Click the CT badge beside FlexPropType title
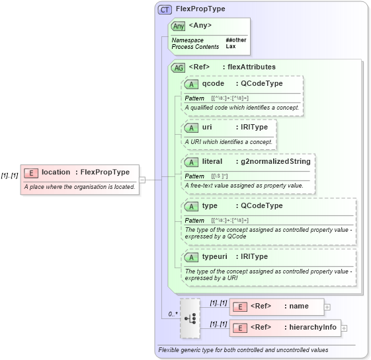(165, 9)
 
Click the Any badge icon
(178, 26)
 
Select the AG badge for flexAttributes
(178, 67)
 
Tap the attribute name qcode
(214, 84)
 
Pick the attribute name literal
(212, 161)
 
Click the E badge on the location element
(30, 172)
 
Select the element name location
(56, 172)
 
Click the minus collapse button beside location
(142, 179)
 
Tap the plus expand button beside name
(327, 307)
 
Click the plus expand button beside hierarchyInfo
(344, 328)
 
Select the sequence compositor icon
(189, 318)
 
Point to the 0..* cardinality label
(173, 314)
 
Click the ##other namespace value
(235, 40)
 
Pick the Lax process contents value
(230, 47)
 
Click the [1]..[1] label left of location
(9, 176)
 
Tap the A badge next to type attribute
(191, 206)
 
